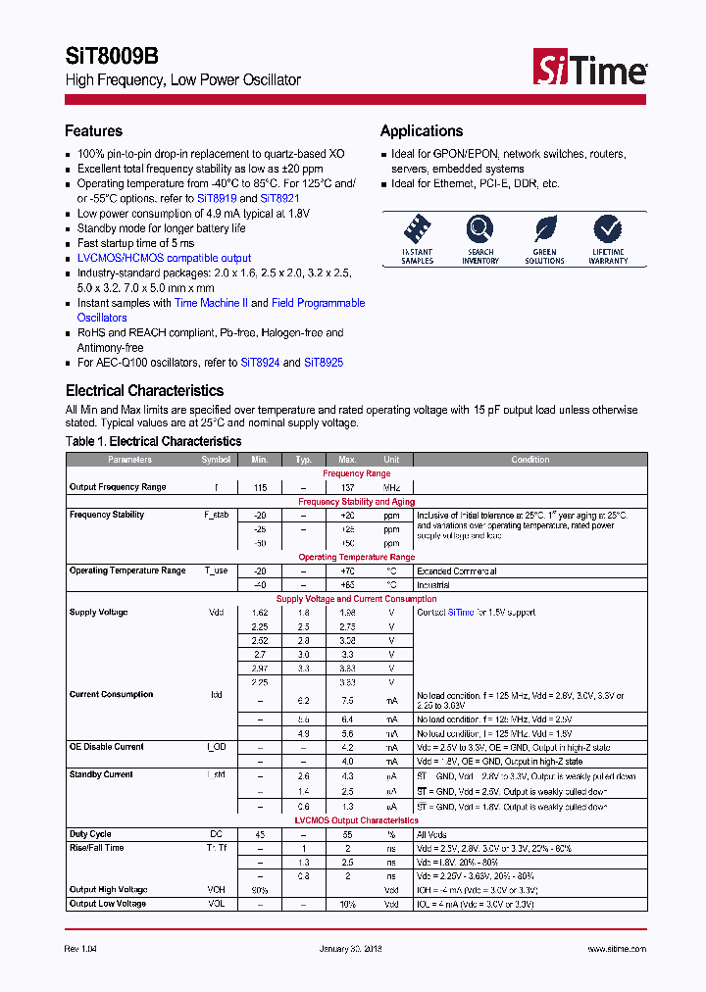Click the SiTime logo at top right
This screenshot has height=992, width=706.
tap(589, 68)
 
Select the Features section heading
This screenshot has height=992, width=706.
tap(94, 131)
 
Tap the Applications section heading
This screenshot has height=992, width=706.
tap(422, 131)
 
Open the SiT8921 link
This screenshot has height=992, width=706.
tap(279, 198)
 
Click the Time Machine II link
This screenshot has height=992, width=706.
tap(211, 303)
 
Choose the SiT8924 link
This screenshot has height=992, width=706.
tap(261, 362)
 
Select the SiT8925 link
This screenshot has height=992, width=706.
tap(324, 362)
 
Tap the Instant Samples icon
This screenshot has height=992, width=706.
tap(418, 230)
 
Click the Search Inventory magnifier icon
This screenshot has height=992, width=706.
tap(480, 230)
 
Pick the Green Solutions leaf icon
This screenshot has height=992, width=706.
tap(544, 230)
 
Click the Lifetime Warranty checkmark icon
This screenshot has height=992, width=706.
tap(608, 230)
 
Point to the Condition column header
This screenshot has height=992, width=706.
tap(530, 460)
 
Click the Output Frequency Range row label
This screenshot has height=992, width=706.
tap(118, 487)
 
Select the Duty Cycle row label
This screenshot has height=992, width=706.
tap(90, 834)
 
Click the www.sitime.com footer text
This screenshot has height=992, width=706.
tap(617, 949)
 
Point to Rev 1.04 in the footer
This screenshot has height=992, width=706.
tap(81, 949)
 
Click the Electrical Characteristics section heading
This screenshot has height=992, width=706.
tap(144, 391)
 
